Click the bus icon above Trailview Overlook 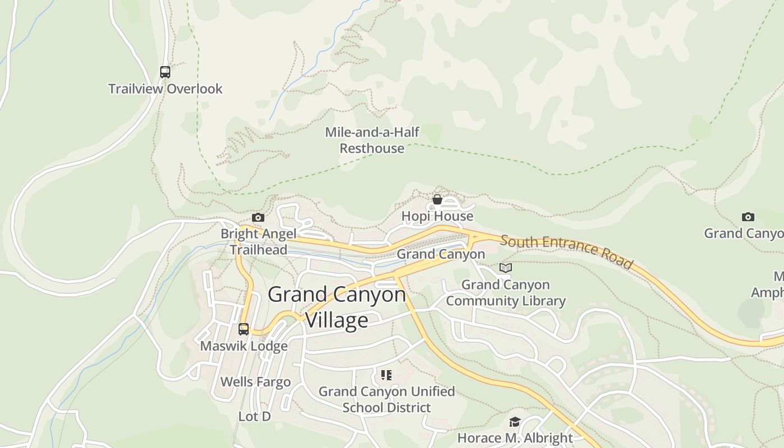[165, 72]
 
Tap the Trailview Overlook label [165, 88]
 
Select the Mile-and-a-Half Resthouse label [372, 140]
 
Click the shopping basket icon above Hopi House [437, 199]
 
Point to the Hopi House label [437, 216]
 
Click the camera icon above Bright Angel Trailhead [258, 217]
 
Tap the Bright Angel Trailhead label [259, 241]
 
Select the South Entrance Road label [566, 252]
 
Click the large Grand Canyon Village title [337, 307]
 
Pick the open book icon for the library [506, 268]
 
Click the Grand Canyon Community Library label [506, 293]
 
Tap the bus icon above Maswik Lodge [244, 329]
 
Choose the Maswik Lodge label [244, 346]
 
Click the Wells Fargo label [255, 382]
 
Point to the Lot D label [255, 417]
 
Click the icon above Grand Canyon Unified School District [386, 375]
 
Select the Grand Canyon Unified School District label [386, 399]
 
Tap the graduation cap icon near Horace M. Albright [515, 422]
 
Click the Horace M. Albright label [515, 437]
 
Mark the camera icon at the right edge [748, 217]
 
